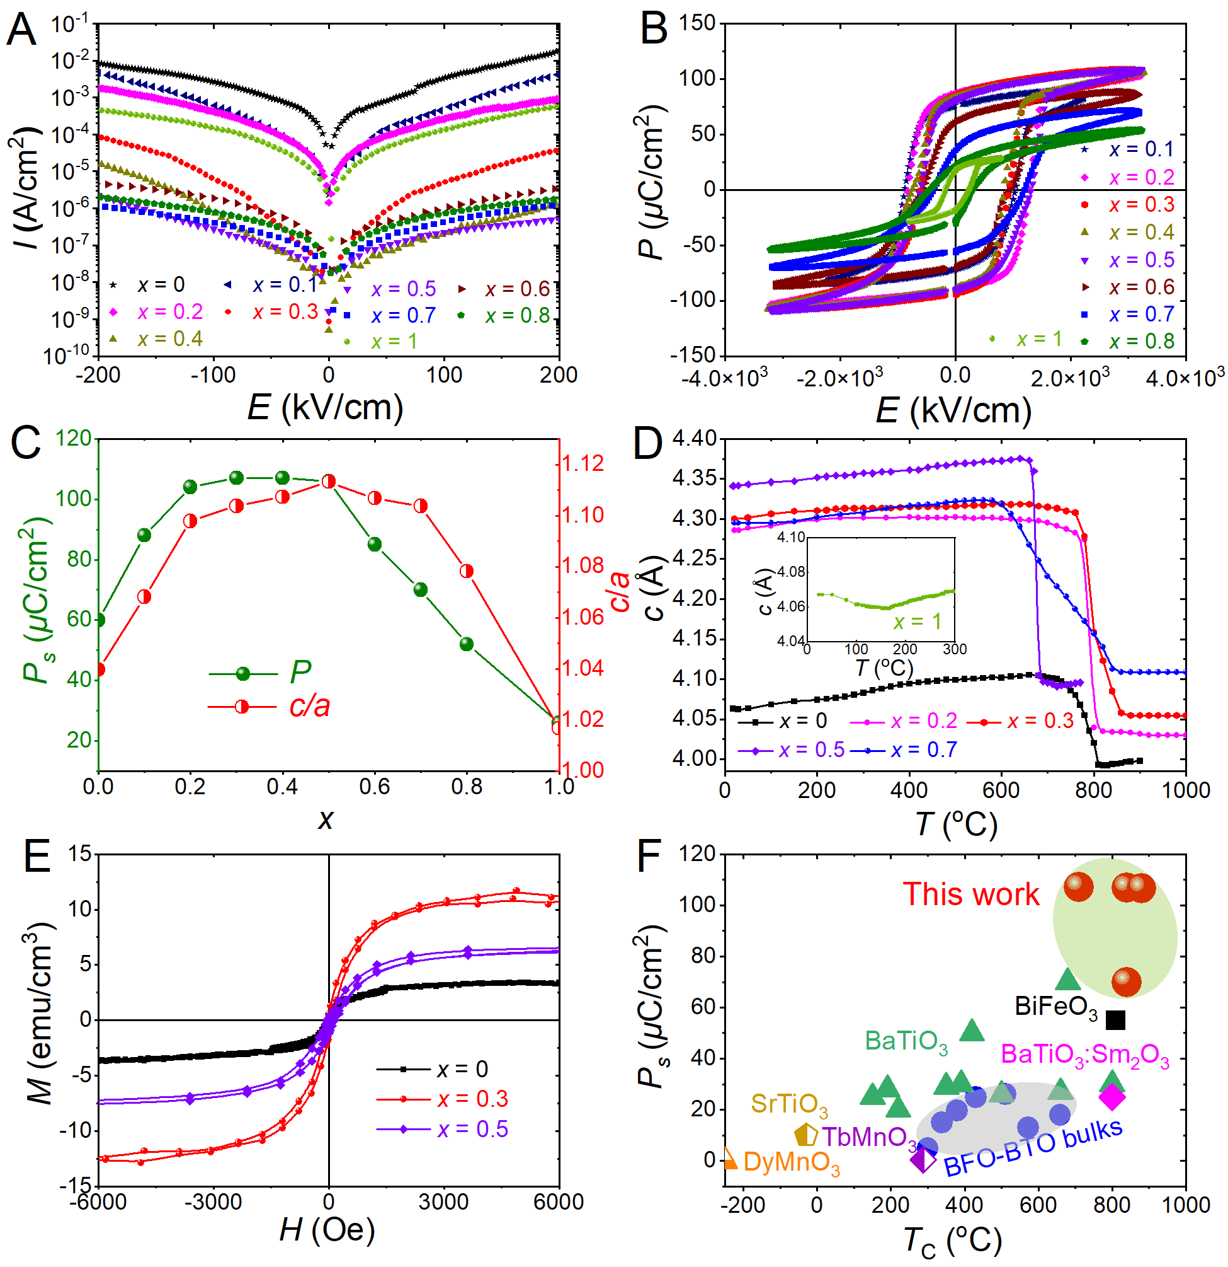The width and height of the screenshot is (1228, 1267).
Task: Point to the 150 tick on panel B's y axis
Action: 698,23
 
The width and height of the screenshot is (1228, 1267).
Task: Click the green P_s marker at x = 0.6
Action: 375,545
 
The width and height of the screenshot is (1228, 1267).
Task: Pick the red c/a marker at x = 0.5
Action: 329,482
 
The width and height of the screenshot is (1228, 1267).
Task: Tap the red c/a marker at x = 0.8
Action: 467,572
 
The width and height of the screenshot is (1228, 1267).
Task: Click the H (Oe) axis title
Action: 327,1230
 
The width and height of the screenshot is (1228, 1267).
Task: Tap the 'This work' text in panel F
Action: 971,894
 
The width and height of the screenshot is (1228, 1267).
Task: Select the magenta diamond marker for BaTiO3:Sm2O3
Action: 1112,1096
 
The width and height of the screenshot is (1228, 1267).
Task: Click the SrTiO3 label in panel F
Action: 788,1104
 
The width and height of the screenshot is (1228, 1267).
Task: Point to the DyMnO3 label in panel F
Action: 792,1162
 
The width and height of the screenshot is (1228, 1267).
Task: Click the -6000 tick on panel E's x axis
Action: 98,1201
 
